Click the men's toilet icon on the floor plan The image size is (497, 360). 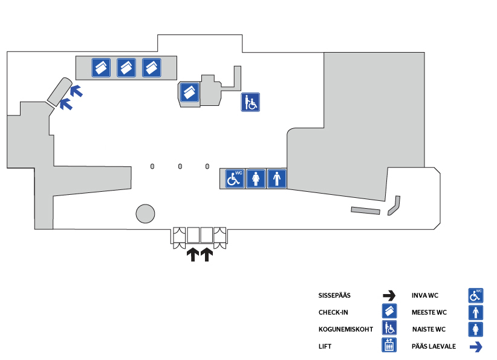pos(277,179)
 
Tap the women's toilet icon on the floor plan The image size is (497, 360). pos(256,179)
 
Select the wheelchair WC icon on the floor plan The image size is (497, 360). pos(235,179)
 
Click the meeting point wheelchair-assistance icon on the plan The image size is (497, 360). pos(250,102)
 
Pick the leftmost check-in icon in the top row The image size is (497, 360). pos(101,68)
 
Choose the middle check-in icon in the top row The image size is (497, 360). pos(126,68)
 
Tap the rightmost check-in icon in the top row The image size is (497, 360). pos(152,68)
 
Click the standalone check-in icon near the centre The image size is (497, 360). pos(189,93)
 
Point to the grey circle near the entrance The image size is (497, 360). pos(146,214)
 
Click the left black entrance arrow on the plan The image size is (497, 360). pos(193,255)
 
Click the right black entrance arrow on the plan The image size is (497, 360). pos(207,255)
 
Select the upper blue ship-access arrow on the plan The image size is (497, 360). pos(76,91)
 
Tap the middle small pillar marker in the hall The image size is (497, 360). pos(180,166)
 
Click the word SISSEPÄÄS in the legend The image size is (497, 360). pos(334,296)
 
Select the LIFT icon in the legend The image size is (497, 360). pos(389,345)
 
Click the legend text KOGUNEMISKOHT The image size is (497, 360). pos(346,330)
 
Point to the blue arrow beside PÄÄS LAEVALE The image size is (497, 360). pos(476,347)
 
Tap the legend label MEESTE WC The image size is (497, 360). pos(429,312)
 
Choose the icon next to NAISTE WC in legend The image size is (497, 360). pos(476,329)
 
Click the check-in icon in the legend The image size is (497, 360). pos(389,311)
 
